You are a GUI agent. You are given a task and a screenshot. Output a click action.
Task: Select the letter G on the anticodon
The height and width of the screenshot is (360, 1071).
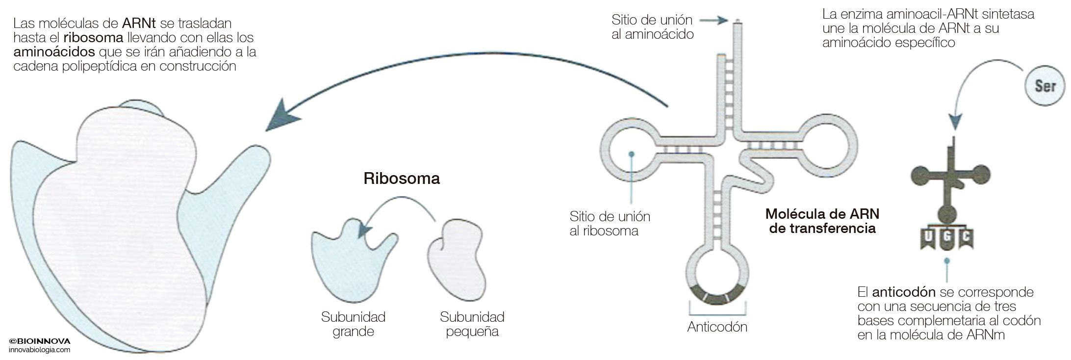coord(947,237)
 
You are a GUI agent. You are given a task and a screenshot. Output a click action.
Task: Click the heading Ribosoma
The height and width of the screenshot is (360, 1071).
coord(402,179)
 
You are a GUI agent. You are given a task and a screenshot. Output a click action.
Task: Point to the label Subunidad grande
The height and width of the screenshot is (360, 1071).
coord(353,324)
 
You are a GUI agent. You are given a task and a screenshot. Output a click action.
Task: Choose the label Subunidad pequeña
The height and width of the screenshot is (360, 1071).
coord(472,324)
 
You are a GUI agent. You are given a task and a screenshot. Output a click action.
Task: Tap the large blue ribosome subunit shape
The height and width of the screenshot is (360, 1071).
coord(343,260)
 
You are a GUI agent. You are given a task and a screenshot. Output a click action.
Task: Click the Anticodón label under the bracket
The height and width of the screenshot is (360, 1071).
coord(717,327)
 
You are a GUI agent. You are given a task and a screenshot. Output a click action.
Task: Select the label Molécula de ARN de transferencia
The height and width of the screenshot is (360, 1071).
coord(822,221)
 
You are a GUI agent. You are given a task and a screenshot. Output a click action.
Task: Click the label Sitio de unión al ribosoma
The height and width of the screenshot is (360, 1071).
coord(610,224)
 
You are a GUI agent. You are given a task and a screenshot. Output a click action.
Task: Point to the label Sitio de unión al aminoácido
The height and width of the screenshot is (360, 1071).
coord(652,27)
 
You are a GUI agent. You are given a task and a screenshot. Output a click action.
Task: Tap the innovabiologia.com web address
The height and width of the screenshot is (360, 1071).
coord(40,350)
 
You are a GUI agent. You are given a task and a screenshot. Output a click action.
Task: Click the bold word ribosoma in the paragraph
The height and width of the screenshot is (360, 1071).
coord(93,38)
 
